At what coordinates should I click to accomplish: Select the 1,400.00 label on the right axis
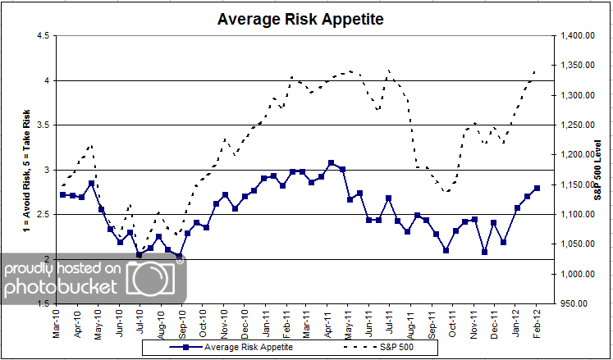(x=577, y=35)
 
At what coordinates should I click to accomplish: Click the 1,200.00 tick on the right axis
(x=577, y=155)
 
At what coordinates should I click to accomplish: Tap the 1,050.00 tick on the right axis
(x=577, y=244)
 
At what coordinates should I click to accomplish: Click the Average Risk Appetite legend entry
(x=235, y=348)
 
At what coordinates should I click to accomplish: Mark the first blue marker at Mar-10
(x=63, y=195)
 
